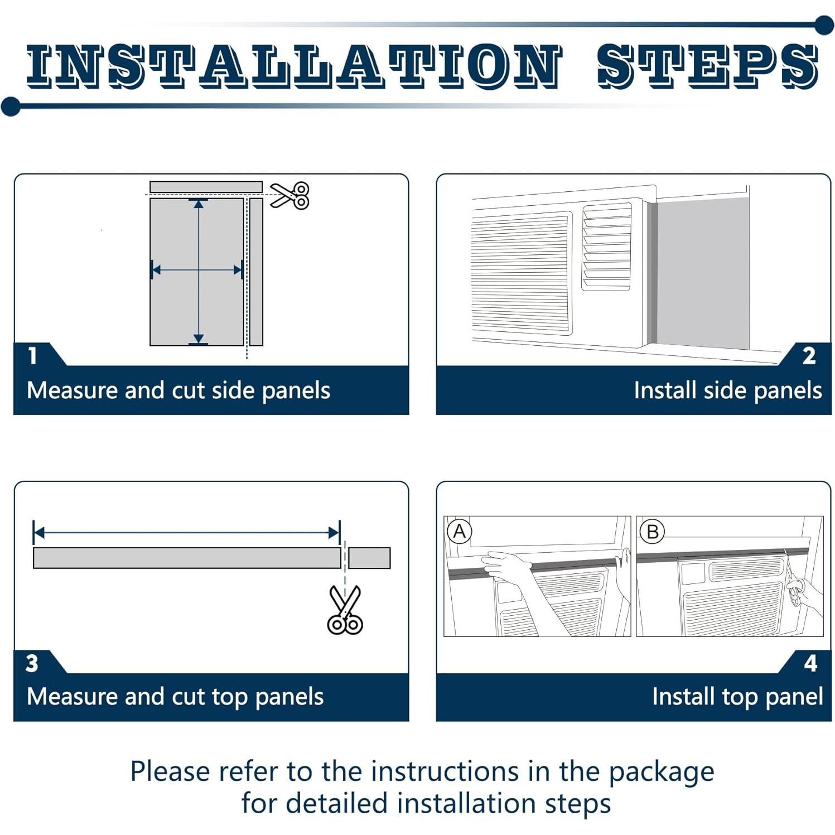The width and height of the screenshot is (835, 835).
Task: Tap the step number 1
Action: click(x=32, y=355)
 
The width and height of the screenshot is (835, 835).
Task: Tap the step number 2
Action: click(x=809, y=356)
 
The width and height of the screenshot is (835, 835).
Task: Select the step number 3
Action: click(x=32, y=663)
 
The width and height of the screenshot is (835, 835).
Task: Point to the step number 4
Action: click(x=810, y=663)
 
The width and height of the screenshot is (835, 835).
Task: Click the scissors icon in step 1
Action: click(x=290, y=196)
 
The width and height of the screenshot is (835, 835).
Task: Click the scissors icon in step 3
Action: click(x=345, y=610)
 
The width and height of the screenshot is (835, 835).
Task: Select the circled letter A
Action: click(x=460, y=531)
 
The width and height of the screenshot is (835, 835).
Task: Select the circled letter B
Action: click(x=652, y=532)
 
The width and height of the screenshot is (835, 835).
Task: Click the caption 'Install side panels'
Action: click(x=727, y=390)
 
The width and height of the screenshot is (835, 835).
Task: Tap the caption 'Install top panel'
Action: click(x=737, y=697)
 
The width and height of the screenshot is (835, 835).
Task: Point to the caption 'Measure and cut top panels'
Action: click(x=175, y=697)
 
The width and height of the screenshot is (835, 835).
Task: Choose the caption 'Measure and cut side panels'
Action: click(x=178, y=390)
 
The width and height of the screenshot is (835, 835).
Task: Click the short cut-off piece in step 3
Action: click(x=369, y=558)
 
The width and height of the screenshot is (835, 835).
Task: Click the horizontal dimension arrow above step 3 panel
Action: click(x=186, y=533)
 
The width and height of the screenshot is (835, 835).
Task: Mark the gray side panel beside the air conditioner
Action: click(x=702, y=273)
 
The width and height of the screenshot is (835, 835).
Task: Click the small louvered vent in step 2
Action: click(x=607, y=247)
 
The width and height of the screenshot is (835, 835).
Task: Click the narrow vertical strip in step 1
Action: click(x=256, y=272)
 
